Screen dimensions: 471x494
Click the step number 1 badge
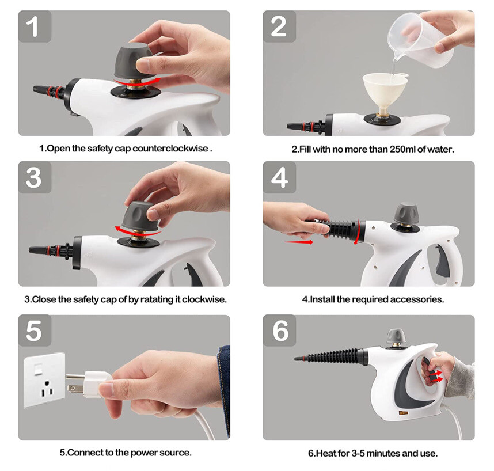point(34,26)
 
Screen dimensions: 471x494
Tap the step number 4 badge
point(279,177)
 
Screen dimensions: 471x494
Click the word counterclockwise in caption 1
point(170,149)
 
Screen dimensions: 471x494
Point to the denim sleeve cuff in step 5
point(224,380)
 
